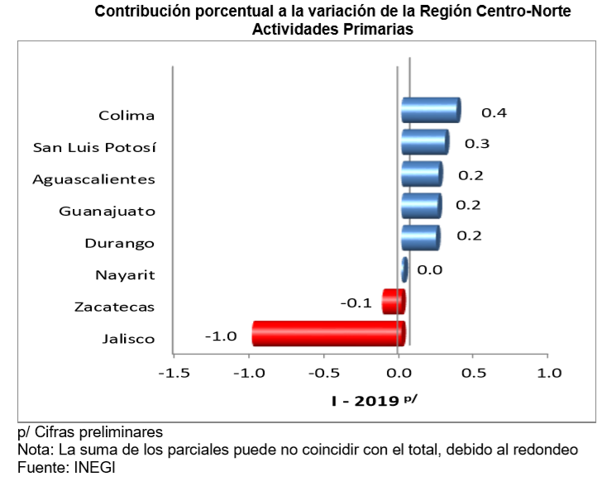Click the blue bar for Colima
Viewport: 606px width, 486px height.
(x=430, y=110)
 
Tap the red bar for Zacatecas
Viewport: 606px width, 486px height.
(x=393, y=302)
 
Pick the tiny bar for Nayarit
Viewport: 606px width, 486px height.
(x=404, y=269)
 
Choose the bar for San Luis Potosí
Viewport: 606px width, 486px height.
(x=424, y=142)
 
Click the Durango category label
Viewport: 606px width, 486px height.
(x=120, y=243)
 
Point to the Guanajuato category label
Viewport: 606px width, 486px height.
(x=107, y=211)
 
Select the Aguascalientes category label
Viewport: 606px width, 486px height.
(x=93, y=179)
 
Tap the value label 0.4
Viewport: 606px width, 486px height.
(x=494, y=112)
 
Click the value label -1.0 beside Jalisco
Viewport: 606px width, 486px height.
(x=221, y=336)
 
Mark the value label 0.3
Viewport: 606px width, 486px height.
(x=476, y=144)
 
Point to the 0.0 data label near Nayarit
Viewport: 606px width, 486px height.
(x=430, y=270)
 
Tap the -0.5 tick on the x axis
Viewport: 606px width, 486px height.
(x=323, y=374)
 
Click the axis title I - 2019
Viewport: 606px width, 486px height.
(x=367, y=402)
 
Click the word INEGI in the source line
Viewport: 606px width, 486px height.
(x=96, y=467)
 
